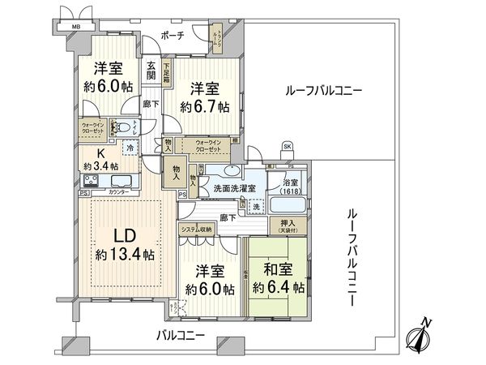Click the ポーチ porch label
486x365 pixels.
pos(173,36)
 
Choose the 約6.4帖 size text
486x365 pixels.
pos(276,286)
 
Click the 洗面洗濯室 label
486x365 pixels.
pos(234,189)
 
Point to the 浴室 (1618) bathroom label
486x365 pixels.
pos(288,184)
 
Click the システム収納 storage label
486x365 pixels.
pos(197,230)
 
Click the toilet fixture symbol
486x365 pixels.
pos(120,127)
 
